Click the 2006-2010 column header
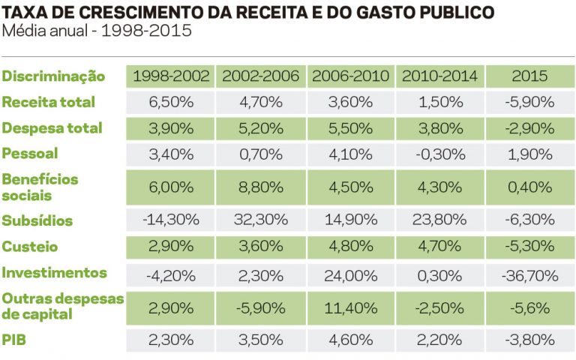tap(350, 76)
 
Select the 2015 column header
tap(529, 76)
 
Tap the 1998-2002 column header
tap(170, 76)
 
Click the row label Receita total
tap(49, 102)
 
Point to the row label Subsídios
tap(37, 220)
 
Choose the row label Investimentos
tap(55, 272)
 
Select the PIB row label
tap(14, 340)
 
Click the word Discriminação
tap(53, 76)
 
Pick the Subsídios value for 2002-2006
tap(260, 220)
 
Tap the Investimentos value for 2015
tap(529, 273)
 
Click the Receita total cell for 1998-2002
tap(170, 102)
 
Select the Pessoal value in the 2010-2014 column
tap(439, 154)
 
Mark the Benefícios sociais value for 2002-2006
tap(260, 187)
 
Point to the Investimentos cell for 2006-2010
tap(350, 273)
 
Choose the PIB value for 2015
tap(529, 340)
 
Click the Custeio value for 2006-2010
tap(350, 247)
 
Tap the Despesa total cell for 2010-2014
tap(439, 127)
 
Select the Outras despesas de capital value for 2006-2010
tap(350, 307)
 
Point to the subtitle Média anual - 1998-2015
tap(97, 31)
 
